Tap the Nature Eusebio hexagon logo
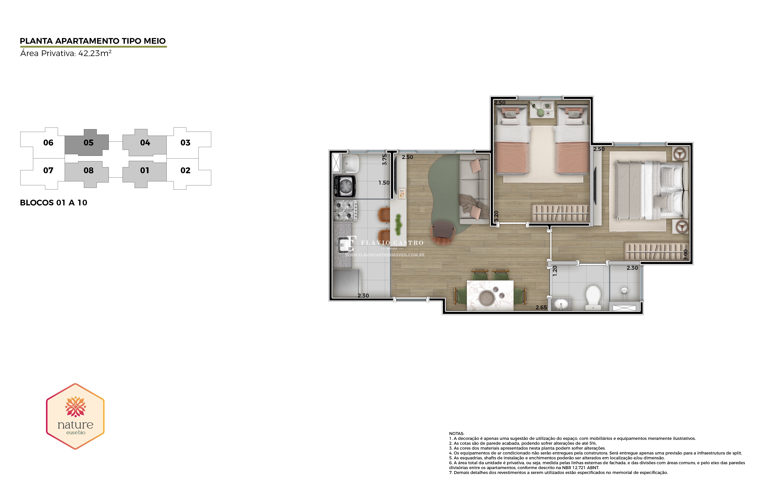click(x=75, y=416)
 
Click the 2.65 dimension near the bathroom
click(x=541, y=307)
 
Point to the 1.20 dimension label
click(x=555, y=271)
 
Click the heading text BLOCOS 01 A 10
click(x=53, y=203)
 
